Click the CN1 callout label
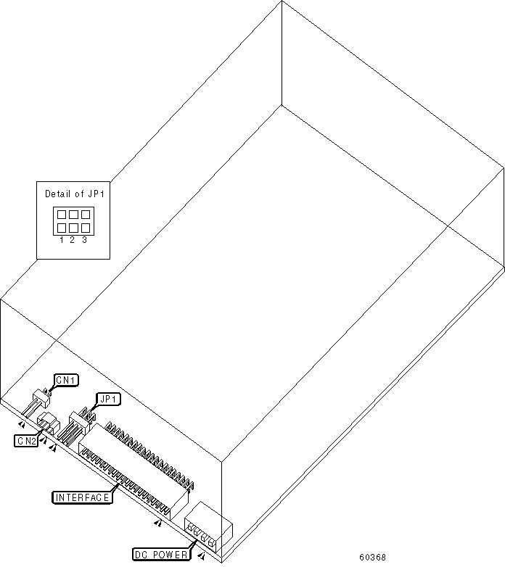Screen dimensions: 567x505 click(67, 379)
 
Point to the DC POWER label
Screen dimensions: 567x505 click(162, 554)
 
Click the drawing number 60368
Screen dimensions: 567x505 click(374, 558)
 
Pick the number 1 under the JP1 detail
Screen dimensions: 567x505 click(62, 239)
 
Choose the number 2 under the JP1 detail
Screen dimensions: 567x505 click(73, 239)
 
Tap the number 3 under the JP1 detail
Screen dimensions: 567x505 click(84, 239)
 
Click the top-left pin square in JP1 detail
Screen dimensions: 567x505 click(62, 215)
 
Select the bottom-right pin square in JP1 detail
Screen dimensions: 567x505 click(85, 228)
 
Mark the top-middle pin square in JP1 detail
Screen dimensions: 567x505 click(73, 215)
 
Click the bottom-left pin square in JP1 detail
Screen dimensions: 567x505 click(62, 228)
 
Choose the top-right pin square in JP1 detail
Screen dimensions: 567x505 click(85, 215)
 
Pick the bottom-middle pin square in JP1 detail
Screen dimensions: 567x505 click(73, 228)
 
